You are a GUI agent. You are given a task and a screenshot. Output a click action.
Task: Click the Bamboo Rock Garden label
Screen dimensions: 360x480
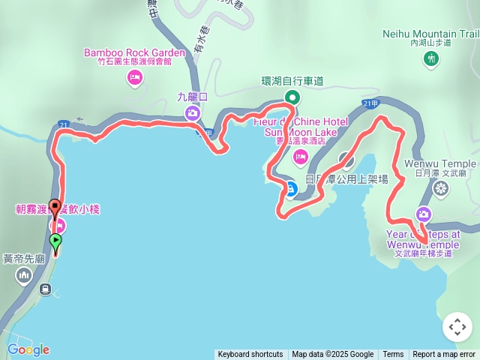pyautogui.click(x=134, y=52)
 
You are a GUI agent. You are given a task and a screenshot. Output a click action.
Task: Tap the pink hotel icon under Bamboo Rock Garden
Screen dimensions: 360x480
pyautogui.click(x=135, y=77)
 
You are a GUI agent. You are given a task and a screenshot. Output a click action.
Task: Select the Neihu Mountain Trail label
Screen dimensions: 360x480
pyautogui.click(x=430, y=34)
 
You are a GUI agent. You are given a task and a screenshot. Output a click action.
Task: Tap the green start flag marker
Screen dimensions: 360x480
pyautogui.click(x=55, y=241)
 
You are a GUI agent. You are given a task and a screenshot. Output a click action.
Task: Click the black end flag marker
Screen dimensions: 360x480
pyautogui.click(x=55, y=205)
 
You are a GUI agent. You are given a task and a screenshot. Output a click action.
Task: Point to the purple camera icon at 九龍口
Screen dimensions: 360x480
pyautogui.click(x=191, y=112)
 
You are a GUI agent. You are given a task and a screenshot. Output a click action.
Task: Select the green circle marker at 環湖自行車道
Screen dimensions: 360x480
pyautogui.click(x=292, y=97)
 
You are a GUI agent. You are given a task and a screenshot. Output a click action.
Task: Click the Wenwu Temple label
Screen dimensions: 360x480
pyautogui.click(x=440, y=163)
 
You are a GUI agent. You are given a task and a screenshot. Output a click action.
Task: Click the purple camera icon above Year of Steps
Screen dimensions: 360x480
pyautogui.click(x=424, y=214)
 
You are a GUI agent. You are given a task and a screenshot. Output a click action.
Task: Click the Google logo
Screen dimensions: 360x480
pyautogui.click(x=28, y=349)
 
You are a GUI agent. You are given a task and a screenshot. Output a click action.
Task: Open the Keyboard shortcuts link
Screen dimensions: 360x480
pyautogui.click(x=250, y=355)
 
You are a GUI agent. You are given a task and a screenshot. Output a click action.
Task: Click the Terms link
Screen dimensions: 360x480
pyautogui.click(x=393, y=355)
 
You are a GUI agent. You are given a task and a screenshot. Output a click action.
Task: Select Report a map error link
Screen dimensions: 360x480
pyautogui.click(x=444, y=355)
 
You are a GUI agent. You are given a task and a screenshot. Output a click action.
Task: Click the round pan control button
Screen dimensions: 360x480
pyautogui.click(x=457, y=328)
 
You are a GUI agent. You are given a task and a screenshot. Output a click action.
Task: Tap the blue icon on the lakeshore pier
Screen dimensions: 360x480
pyautogui.click(x=290, y=187)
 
